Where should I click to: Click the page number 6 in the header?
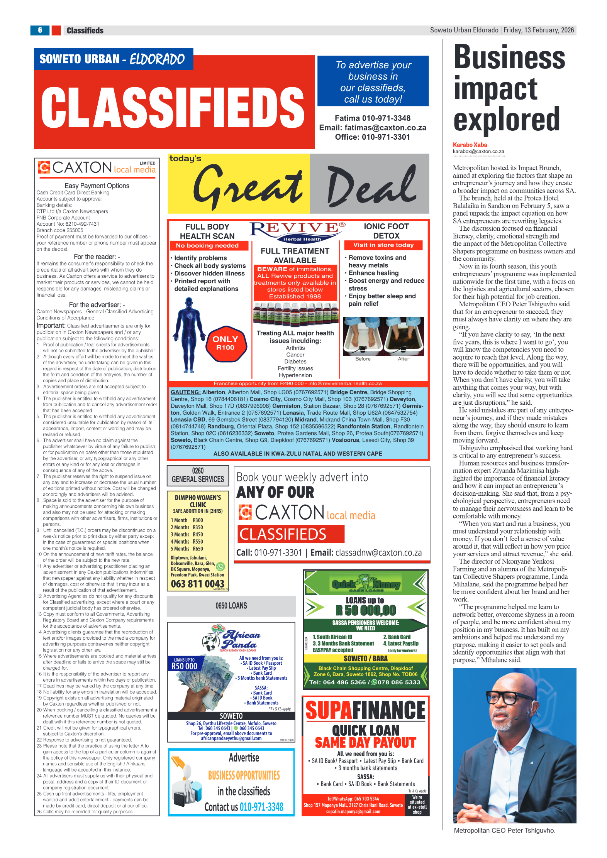[x=40, y=30]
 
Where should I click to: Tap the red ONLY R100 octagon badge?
[x=226, y=343]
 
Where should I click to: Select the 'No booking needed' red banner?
[x=207, y=246]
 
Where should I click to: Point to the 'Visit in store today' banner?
[x=383, y=245]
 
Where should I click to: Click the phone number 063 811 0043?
[x=197, y=584]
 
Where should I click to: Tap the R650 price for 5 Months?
[x=198, y=549]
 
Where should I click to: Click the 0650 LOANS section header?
[x=231, y=606]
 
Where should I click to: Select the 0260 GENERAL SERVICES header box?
[x=198, y=475]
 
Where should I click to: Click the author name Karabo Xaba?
[x=470, y=145]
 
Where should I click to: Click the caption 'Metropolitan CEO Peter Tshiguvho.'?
[x=504, y=830]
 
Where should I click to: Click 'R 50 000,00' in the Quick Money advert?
[x=366, y=610]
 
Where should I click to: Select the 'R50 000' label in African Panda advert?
[x=184, y=666]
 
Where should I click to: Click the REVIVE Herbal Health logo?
[x=298, y=231]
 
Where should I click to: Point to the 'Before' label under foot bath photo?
[x=363, y=359]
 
